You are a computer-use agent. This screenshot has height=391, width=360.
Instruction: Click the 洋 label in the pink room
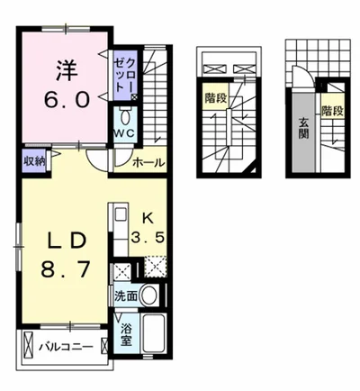click(x=66, y=71)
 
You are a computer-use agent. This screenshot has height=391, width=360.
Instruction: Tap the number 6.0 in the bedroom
click(x=67, y=99)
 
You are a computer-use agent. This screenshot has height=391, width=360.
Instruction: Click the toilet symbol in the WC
click(x=125, y=116)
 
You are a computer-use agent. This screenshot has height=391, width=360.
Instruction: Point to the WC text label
click(x=125, y=133)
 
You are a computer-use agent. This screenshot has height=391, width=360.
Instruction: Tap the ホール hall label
click(x=148, y=163)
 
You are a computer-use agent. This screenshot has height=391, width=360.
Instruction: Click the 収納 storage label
click(x=34, y=161)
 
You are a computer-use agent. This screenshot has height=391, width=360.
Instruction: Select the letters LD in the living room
click(x=67, y=241)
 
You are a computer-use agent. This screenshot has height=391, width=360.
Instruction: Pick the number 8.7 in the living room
click(x=66, y=269)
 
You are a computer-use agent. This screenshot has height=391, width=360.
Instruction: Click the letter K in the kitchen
click(x=148, y=219)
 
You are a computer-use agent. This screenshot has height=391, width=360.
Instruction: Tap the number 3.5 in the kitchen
click(x=148, y=238)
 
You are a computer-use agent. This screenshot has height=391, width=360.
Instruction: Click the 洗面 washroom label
click(x=126, y=296)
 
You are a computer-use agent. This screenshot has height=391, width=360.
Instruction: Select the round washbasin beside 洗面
click(x=149, y=295)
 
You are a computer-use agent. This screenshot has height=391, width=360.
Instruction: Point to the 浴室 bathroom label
click(x=126, y=335)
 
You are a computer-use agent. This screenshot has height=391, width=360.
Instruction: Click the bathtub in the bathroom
click(x=153, y=333)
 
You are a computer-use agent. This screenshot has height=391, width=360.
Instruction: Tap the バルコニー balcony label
click(x=66, y=348)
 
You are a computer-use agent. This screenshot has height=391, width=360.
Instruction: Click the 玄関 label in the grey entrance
click(x=303, y=128)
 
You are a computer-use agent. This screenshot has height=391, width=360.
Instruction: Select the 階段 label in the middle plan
click(x=216, y=98)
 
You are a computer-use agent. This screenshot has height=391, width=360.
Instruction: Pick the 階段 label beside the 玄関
click(x=332, y=111)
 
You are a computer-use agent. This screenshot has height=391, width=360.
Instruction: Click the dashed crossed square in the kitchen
click(x=156, y=266)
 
